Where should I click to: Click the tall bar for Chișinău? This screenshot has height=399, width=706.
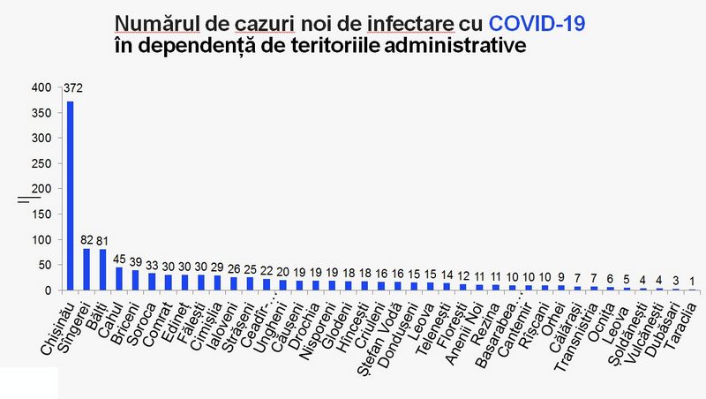[x=71, y=195]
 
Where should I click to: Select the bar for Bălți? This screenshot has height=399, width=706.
[x=103, y=269]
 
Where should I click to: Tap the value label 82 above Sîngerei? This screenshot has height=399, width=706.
[x=87, y=239]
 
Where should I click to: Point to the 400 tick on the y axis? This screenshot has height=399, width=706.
[x=41, y=88]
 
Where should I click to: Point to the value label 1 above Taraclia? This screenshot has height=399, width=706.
[x=693, y=281]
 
